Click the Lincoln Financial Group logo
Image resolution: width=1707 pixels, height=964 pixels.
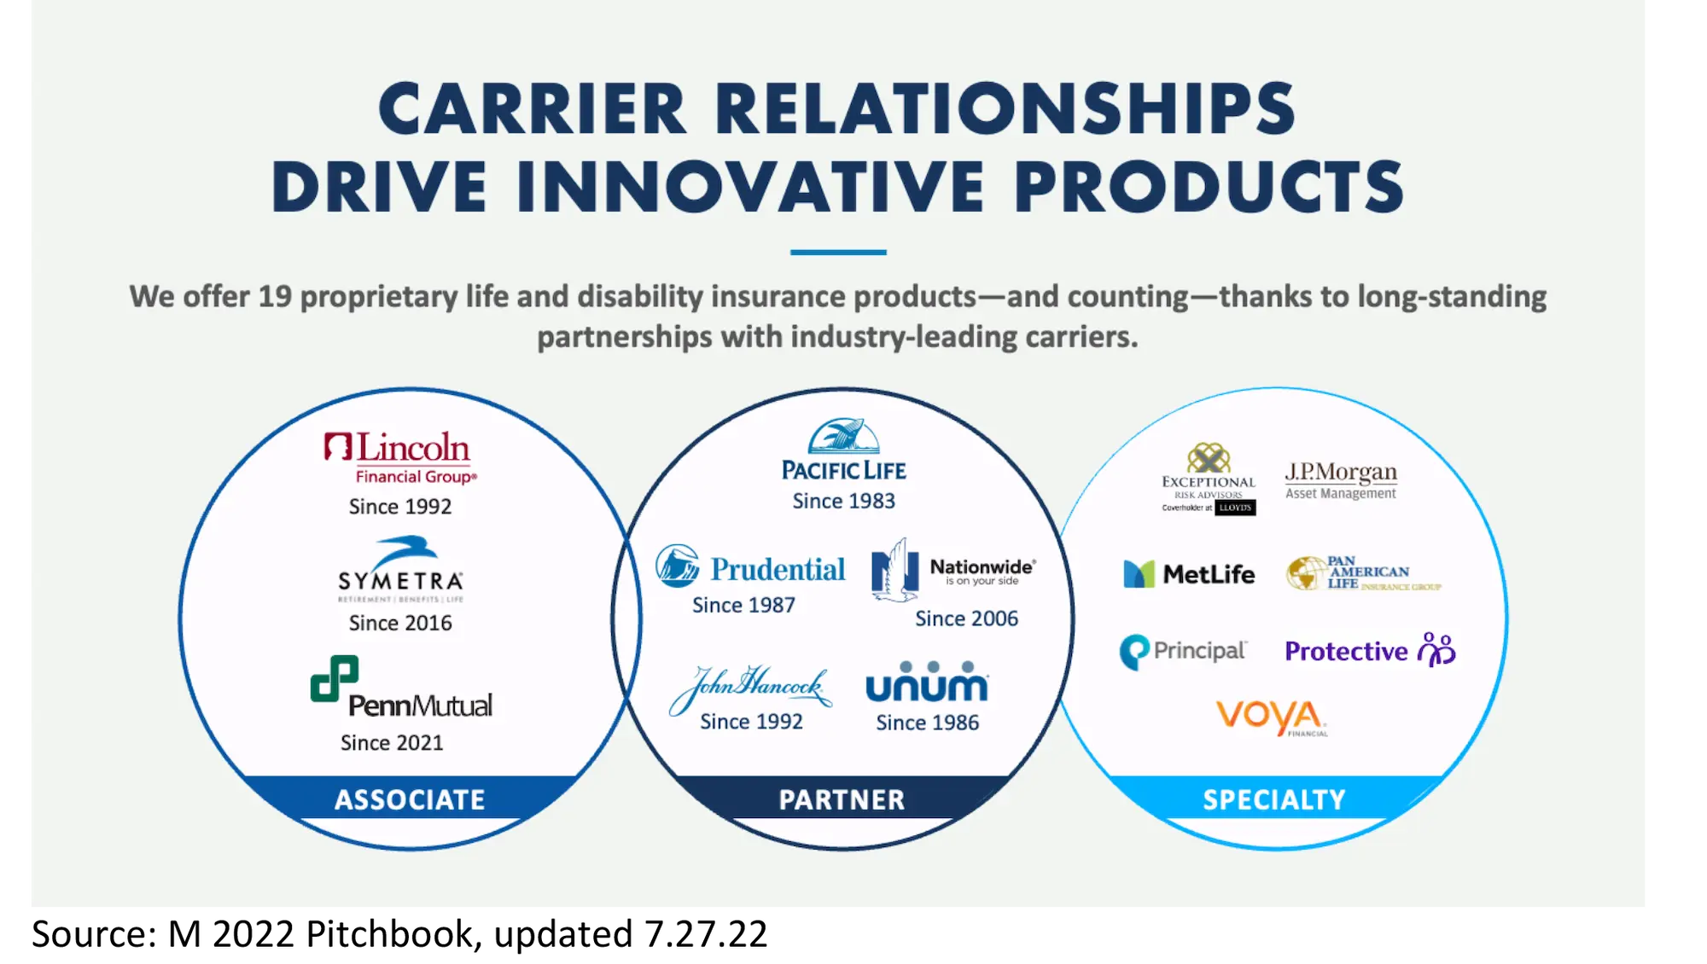click(x=399, y=458)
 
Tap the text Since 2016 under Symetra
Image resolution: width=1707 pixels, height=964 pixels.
click(x=400, y=623)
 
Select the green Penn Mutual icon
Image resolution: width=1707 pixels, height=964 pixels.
click(x=334, y=678)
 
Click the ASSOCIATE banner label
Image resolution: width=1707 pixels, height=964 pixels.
click(x=410, y=799)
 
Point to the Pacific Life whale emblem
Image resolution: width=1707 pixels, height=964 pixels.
click(x=843, y=436)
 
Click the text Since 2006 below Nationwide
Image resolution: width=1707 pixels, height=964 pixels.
click(x=966, y=618)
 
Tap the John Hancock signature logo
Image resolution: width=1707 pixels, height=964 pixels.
click(x=750, y=687)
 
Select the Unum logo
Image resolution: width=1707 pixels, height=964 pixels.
click(x=927, y=682)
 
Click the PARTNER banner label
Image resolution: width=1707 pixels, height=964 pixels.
click(x=842, y=799)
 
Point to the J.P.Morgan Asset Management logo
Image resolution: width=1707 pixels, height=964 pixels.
click(x=1341, y=480)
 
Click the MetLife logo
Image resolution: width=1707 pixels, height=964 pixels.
click(x=1189, y=574)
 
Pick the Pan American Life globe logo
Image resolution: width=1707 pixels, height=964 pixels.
click(x=1306, y=573)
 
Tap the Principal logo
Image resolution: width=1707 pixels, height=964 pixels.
click(x=1183, y=652)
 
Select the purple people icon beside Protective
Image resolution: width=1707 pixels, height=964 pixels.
click(x=1436, y=650)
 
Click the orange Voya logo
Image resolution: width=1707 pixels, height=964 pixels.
click(x=1271, y=716)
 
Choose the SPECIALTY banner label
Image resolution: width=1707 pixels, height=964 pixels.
click(x=1273, y=799)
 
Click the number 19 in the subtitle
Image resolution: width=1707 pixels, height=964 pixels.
click(x=275, y=297)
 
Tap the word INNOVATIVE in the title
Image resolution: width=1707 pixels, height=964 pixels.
click(x=751, y=186)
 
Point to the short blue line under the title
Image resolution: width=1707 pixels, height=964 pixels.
click(x=838, y=253)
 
